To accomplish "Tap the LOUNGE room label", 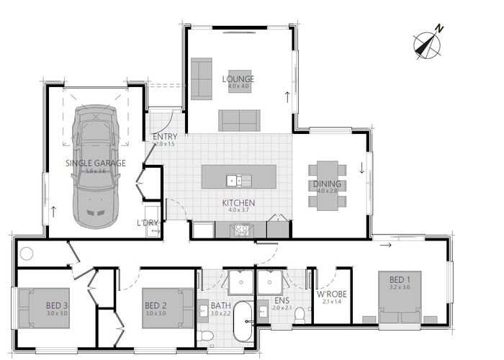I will click(x=238, y=78).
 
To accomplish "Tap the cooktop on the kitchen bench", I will click(x=240, y=230).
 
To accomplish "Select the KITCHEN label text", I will click(x=238, y=202).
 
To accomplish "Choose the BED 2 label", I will click(x=156, y=304).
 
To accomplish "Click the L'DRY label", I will click(x=148, y=222).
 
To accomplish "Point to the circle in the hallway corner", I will click(x=27, y=253).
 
